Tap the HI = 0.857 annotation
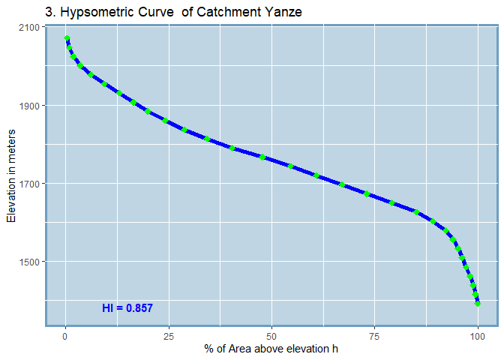127,308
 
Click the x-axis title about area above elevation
271,349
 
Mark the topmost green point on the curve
67,38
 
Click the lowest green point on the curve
477,304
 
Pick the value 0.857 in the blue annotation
139,308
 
